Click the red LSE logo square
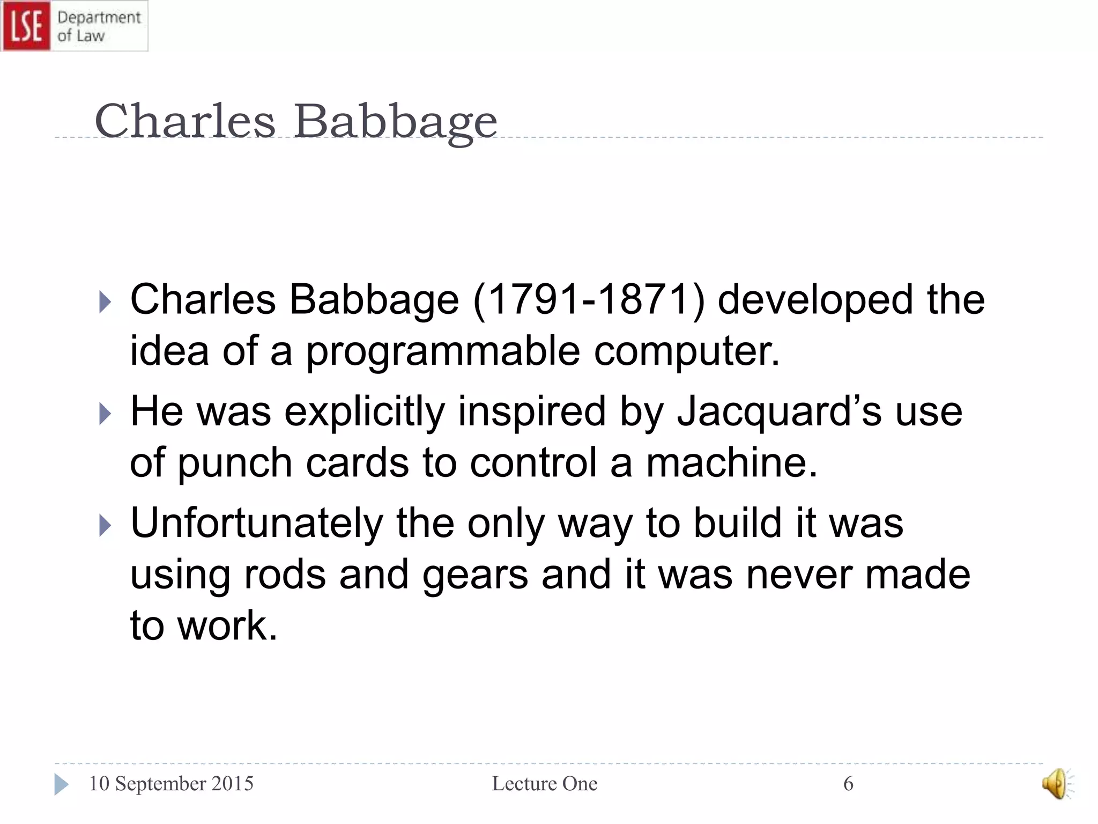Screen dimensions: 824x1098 pos(26,26)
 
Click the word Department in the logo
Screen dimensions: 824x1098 pos(99,18)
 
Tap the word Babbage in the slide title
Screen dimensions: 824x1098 pos(395,121)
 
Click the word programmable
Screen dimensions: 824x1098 pos(443,351)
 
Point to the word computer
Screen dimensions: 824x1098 pos(686,351)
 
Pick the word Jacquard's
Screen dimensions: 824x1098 pos(778,411)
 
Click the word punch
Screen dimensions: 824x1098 pos(234,462)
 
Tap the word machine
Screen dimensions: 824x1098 pos(731,462)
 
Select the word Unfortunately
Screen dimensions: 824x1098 pos(256,523)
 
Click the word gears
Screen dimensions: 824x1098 pos(475,575)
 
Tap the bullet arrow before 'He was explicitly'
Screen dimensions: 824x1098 pos(105,414)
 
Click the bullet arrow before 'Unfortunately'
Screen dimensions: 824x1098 pos(105,526)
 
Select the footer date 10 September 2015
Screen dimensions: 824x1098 pos(171,784)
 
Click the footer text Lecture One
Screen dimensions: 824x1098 pos(544,784)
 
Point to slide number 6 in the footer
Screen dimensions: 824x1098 pos(848,784)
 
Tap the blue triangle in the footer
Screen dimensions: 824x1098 pos(61,784)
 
